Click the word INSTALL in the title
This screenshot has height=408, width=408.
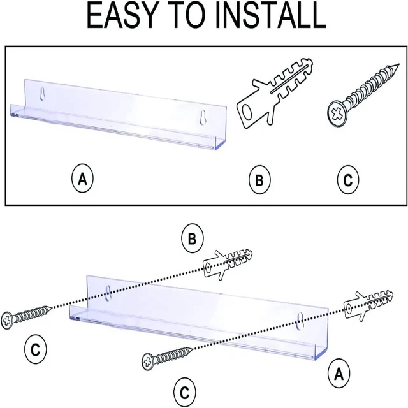click(270, 15)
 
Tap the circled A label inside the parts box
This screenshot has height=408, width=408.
click(82, 178)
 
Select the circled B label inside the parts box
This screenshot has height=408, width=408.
click(259, 180)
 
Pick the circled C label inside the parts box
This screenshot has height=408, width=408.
click(348, 179)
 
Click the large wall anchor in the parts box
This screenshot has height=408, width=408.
click(275, 94)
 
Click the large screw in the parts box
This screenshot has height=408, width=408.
click(362, 96)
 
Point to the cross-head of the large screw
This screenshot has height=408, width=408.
click(337, 114)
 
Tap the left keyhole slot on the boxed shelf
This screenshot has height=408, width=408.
click(43, 94)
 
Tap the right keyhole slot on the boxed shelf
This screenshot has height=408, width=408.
click(203, 117)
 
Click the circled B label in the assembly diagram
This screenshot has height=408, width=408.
click(193, 238)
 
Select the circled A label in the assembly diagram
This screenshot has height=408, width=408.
click(339, 374)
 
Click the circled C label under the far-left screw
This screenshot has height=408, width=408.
click(36, 349)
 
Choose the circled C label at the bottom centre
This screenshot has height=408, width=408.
click(184, 392)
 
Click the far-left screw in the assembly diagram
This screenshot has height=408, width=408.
click(26, 317)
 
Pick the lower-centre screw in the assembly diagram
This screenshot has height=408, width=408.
click(167, 358)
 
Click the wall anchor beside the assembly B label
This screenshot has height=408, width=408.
click(228, 264)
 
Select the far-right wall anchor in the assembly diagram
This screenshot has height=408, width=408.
click(368, 306)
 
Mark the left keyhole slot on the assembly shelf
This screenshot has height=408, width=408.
click(108, 293)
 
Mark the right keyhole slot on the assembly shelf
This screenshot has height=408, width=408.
click(300, 321)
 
